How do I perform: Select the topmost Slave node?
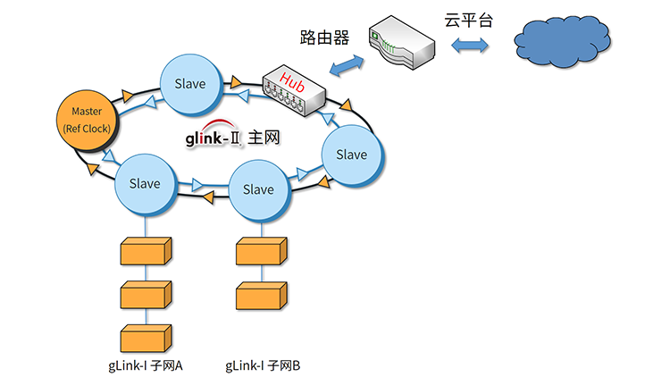point(188,84)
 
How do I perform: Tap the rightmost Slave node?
point(351,155)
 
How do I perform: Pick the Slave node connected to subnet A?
point(145,184)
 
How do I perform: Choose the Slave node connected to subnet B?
point(258,189)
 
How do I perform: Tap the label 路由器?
point(323,38)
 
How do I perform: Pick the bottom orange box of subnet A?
point(145,339)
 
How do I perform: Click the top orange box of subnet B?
point(261,253)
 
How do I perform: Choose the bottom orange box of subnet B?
point(261,296)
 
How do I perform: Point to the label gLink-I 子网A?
point(145,365)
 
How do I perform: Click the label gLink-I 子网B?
point(263,365)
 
